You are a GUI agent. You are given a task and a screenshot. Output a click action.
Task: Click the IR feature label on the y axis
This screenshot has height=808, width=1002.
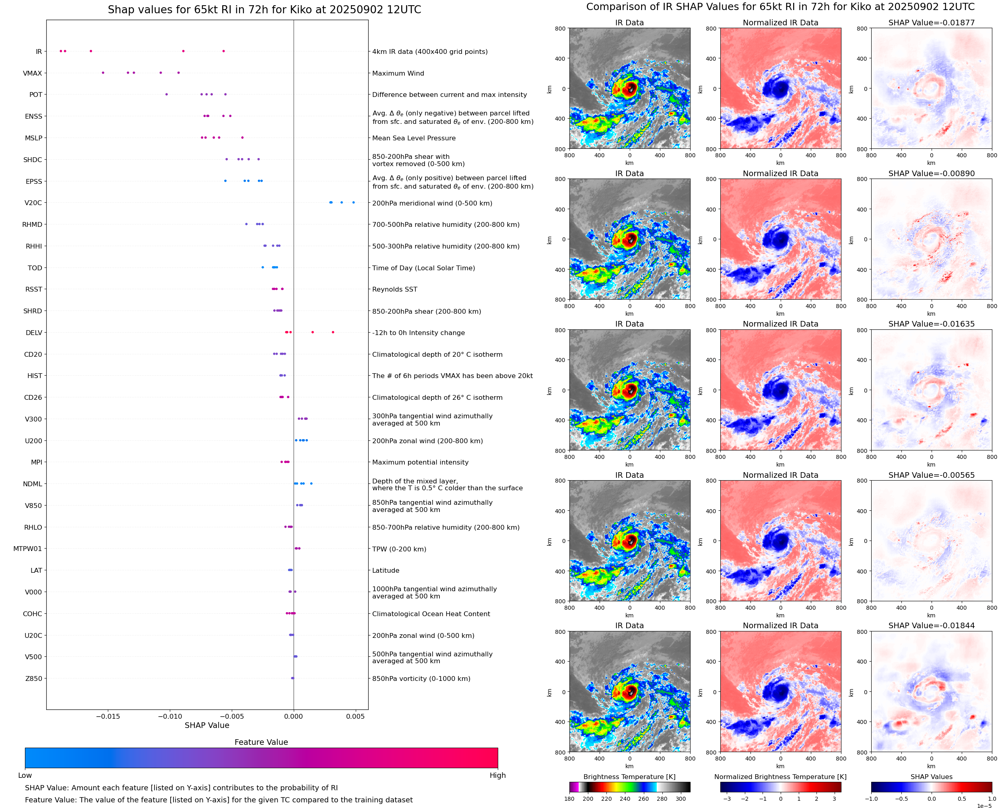[39, 51]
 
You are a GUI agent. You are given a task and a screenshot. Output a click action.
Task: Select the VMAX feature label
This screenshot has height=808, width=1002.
[32, 73]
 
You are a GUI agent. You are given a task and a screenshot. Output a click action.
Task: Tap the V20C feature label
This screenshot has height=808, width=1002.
[33, 203]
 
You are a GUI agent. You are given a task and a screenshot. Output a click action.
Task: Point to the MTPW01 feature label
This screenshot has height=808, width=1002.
[27, 549]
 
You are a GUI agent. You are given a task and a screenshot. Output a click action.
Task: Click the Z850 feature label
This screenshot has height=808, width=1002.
[33, 678]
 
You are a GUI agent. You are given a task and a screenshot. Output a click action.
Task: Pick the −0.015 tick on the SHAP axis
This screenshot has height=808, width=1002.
[107, 716]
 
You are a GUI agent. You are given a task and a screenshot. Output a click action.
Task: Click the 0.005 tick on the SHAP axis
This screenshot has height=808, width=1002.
[355, 716]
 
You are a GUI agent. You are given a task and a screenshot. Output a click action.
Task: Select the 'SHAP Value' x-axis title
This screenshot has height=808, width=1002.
[207, 725]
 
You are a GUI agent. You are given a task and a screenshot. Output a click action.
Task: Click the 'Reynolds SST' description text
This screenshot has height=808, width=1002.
[394, 290]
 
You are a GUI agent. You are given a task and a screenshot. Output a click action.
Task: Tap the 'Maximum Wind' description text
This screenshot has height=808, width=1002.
[398, 73]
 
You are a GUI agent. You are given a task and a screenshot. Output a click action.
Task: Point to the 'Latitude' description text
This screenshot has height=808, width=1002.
[386, 571]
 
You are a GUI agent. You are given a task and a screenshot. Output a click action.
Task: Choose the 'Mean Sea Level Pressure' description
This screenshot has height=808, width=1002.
[413, 138]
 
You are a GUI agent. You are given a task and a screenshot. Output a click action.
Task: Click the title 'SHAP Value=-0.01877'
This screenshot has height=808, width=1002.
[931, 23]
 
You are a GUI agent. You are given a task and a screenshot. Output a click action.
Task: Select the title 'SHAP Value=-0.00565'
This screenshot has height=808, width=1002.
[931, 475]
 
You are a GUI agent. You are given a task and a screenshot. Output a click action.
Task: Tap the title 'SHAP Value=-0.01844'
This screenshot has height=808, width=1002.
[931, 625]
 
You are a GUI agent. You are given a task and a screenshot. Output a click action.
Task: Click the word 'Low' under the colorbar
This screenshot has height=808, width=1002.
[25, 775]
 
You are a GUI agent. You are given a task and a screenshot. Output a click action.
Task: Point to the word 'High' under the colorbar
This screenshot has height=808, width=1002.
[497, 775]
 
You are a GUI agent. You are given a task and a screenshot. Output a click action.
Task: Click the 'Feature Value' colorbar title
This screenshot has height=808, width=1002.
[261, 742]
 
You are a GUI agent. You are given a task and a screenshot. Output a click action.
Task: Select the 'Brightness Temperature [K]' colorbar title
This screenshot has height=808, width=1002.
[629, 777]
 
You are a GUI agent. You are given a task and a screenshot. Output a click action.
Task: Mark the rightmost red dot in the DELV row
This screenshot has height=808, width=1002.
[333, 332]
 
